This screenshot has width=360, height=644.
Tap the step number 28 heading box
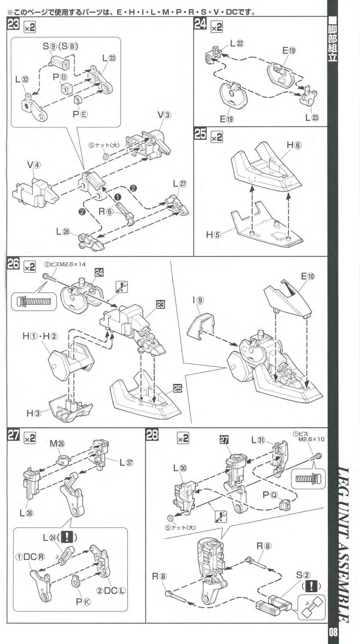click(152, 436)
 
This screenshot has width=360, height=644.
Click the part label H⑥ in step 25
click(293, 145)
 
